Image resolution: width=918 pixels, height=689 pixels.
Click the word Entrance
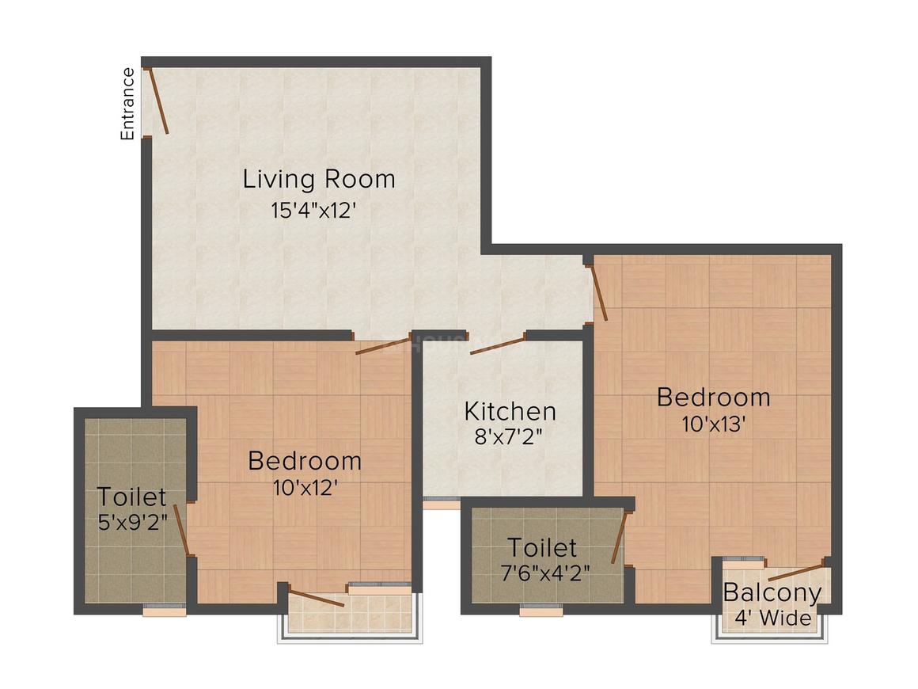127,105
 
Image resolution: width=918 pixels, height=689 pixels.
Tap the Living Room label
319,179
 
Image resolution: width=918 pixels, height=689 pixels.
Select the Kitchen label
510,412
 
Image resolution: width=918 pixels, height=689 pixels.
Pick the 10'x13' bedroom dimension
713,424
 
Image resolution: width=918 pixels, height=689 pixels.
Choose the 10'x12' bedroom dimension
305,488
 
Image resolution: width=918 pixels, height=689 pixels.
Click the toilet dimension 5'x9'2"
131,522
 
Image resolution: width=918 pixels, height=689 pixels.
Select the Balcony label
772,592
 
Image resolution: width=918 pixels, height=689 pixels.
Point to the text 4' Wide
772,618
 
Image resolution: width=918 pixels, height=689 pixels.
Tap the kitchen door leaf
498,345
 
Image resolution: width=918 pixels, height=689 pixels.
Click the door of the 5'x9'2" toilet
181,529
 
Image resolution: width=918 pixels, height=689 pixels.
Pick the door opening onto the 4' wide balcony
797,572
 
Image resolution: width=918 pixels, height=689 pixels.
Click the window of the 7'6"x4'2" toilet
541,611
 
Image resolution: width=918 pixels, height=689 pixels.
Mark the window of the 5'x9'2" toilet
164,611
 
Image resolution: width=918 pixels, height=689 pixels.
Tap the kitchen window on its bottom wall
442,500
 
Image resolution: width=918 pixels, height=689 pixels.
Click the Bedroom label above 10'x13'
713,397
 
